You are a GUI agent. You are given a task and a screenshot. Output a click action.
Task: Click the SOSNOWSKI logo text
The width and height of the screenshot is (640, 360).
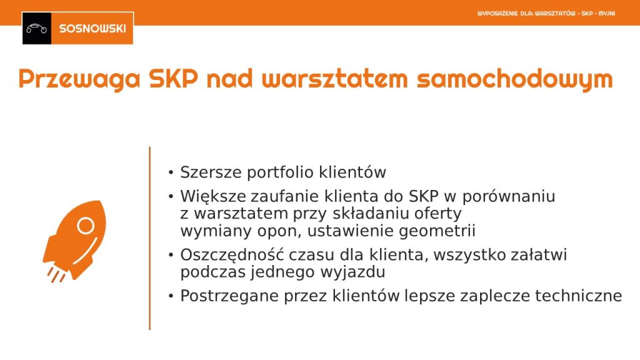tap(92, 29)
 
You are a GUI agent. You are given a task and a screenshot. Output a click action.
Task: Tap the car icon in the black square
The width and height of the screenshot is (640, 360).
tap(37, 29)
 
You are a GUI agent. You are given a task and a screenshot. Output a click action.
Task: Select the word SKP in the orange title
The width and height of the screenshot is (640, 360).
tap(174, 78)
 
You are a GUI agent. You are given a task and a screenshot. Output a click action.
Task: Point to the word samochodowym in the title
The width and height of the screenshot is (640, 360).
tap(515, 79)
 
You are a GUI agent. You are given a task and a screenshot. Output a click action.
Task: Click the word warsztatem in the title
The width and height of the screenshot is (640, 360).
tap(335, 78)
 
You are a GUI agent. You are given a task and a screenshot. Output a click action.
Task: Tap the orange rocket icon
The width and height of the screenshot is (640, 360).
tap(74, 241)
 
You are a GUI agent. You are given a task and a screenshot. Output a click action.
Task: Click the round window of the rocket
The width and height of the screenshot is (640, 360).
tap(86, 225)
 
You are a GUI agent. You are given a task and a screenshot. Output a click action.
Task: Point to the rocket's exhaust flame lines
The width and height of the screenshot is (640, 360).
tap(56, 275)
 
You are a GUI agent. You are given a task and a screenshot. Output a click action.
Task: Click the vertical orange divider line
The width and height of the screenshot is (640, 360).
tap(150, 238)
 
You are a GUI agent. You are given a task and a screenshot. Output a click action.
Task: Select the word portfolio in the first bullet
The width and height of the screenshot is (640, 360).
tap(280, 172)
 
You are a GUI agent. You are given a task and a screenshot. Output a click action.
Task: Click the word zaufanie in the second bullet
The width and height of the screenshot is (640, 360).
tap(284, 196)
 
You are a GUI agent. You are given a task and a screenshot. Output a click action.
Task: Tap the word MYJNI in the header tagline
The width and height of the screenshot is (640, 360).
tap(606, 14)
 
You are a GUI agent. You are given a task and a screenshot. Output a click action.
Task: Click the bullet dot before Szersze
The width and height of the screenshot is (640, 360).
tap(171, 172)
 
